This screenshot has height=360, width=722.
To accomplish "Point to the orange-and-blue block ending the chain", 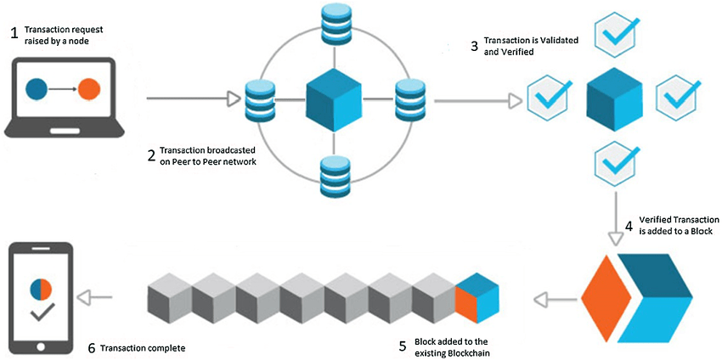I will pyautogui.click(x=477, y=299).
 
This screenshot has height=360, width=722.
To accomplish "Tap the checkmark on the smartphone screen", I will pyautogui.click(x=39, y=313).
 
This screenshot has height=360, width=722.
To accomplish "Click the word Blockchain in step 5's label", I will pyautogui.click(x=471, y=352).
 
